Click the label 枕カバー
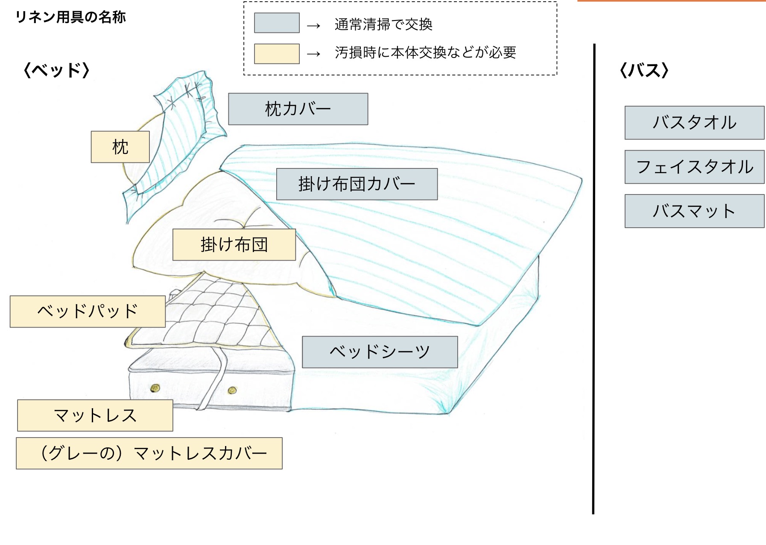[298, 109]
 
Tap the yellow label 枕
[120, 147]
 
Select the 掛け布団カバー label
[357, 184]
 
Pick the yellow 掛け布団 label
[234, 245]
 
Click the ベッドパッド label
[88, 311]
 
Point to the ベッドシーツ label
[380, 352]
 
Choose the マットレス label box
[95, 415]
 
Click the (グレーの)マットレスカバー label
[149, 453]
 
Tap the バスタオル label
[694, 123]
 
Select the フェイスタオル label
[694, 167]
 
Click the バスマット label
[694, 211]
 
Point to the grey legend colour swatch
[277, 23]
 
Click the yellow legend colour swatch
[277, 54]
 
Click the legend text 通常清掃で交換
[383, 25]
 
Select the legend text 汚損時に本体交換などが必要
[425, 52]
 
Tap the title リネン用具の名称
[70, 17]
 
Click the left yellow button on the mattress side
[155, 388]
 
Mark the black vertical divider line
[594, 277]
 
